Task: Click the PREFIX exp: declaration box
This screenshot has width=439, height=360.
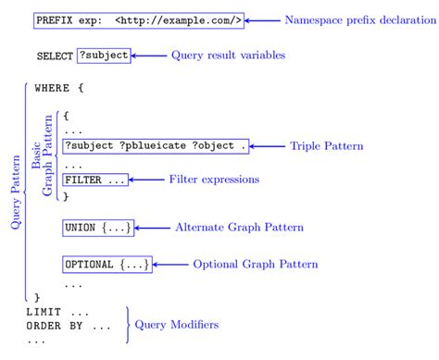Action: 139,19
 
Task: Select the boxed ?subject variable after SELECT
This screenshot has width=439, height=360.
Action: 103,56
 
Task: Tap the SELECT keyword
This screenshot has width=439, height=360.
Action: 55,56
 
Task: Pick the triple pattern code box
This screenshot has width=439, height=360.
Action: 156,146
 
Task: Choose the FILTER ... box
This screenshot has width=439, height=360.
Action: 95,180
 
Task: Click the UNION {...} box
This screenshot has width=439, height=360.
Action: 98,227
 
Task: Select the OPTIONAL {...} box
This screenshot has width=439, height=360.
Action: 107,265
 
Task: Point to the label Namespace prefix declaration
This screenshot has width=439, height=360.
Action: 356,19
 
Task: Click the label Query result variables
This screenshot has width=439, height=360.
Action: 228,56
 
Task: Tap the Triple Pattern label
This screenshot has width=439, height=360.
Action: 326,146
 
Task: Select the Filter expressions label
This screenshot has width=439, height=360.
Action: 214,179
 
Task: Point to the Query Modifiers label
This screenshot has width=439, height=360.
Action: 177,325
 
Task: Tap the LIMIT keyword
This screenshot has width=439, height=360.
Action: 44,312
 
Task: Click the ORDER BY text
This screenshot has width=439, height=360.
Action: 56,326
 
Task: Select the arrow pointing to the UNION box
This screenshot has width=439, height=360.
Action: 152,227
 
